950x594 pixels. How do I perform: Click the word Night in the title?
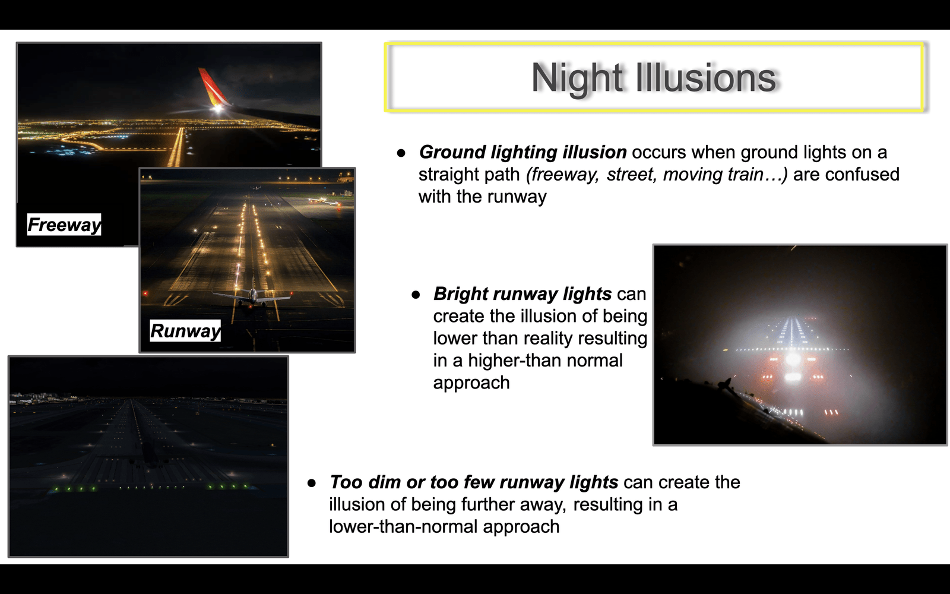click(578, 78)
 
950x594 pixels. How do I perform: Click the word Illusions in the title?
click(706, 77)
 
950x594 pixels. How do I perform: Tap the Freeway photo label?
click(64, 225)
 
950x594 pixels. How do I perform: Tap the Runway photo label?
click(185, 330)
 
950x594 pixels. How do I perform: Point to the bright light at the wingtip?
click(218, 109)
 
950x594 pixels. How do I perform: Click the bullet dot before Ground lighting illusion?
click(401, 153)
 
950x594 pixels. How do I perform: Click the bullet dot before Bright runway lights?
click(416, 295)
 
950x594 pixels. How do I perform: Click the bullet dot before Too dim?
click(312, 484)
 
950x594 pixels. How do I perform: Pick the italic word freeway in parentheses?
click(562, 175)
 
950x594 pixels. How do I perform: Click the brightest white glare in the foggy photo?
click(793, 360)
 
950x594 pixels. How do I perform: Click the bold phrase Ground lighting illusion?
click(522, 152)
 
